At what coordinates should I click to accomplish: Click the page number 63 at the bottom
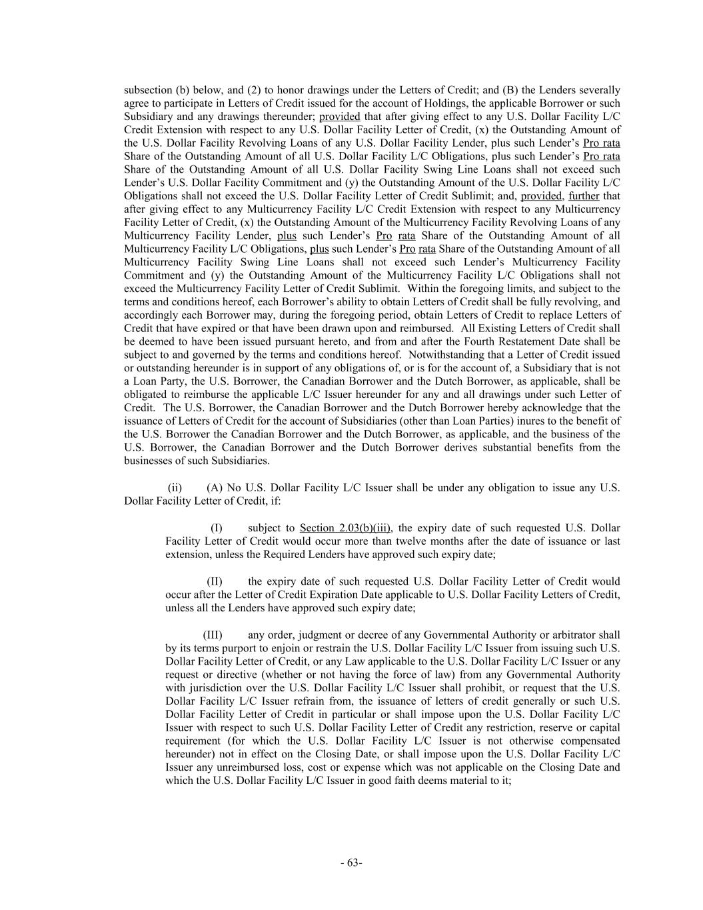351,863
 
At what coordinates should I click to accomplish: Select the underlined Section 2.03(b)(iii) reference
345,528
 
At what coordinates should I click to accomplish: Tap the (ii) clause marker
175,488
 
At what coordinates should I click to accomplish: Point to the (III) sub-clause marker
213,635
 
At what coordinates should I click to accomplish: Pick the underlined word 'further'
584,196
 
